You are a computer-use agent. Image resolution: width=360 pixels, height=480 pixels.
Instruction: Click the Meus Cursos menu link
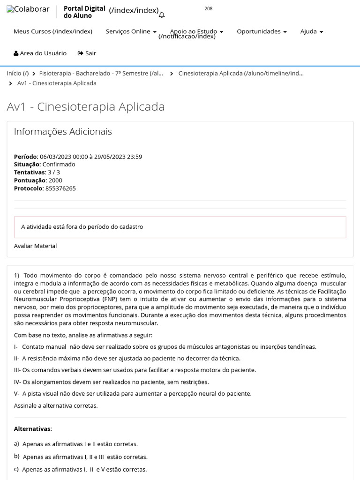click(52, 31)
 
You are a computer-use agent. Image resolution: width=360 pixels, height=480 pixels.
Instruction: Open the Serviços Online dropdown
click(131, 31)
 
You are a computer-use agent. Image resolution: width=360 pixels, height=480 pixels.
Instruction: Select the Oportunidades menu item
click(262, 31)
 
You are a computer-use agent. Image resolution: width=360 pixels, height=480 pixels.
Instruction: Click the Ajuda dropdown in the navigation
click(312, 31)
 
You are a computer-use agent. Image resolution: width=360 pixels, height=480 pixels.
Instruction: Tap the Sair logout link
click(87, 53)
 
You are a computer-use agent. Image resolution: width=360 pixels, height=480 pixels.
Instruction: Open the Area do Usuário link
click(40, 53)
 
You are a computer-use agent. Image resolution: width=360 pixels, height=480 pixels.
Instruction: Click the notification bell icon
click(162, 15)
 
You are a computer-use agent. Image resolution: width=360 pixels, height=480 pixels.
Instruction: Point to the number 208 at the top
click(209, 8)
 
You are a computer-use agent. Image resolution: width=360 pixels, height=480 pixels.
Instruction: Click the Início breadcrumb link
click(17, 74)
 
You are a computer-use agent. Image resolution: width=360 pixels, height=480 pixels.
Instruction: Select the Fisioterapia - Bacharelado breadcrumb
click(101, 74)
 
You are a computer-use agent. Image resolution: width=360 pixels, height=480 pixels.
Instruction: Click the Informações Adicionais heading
click(63, 132)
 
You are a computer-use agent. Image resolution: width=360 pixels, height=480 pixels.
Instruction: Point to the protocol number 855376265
click(60, 188)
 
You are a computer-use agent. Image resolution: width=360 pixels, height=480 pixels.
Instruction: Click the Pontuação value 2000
click(55, 180)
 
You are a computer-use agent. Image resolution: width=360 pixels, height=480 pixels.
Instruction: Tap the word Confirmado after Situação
click(59, 165)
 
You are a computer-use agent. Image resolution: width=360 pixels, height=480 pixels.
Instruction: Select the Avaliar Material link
click(35, 246)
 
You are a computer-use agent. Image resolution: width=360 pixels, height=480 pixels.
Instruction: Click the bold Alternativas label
click(32, 429)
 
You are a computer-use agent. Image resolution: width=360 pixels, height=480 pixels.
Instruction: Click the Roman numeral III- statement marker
click(17, 370)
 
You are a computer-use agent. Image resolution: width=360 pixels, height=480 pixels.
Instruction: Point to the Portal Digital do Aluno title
click(84, 12)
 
